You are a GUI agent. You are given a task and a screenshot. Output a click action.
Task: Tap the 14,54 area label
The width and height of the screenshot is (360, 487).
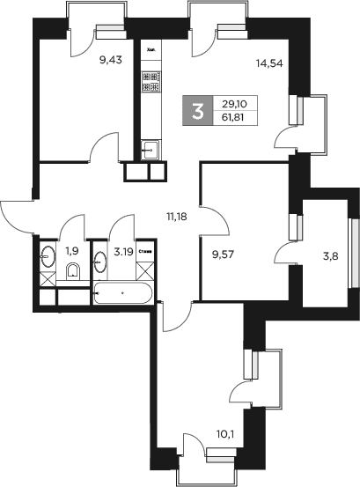tap(268, 63)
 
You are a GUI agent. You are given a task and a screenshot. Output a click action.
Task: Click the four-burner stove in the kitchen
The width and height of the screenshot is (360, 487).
tap(150, 83)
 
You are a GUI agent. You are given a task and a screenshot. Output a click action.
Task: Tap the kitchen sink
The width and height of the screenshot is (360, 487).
tap(151, 149)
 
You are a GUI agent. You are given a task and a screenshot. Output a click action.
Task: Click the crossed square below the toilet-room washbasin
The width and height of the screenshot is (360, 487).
tap(48, 280)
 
